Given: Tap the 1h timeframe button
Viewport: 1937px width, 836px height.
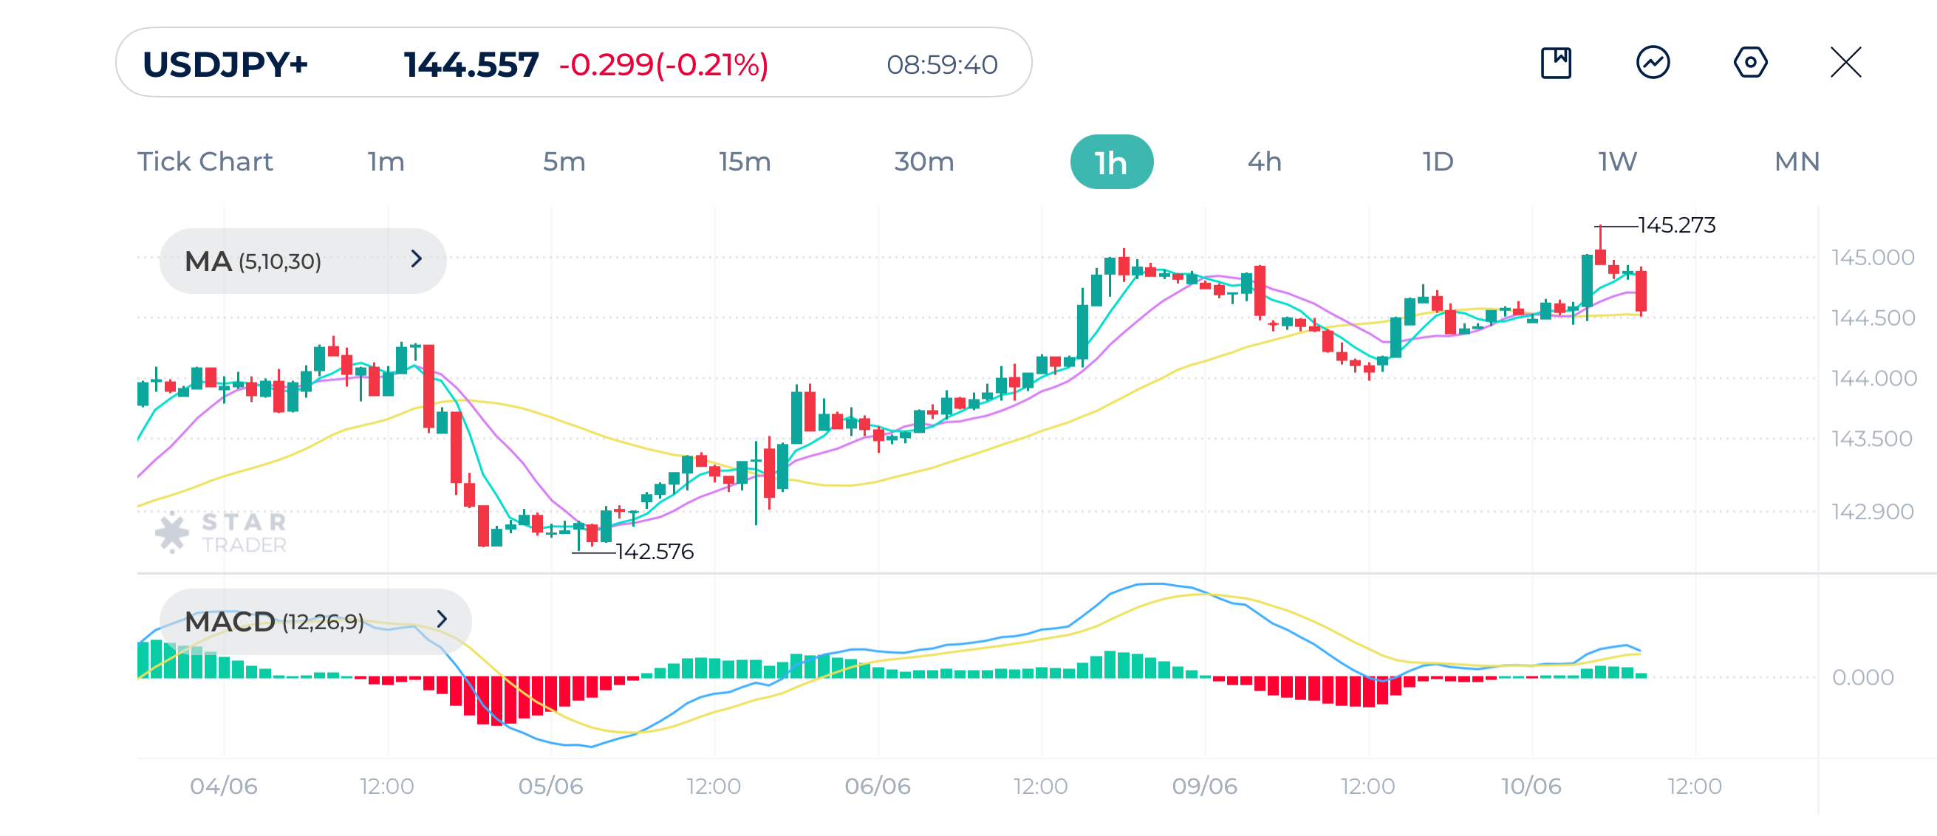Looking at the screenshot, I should pos(1110,162).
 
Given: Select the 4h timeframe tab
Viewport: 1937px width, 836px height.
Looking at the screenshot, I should pos(1264,162).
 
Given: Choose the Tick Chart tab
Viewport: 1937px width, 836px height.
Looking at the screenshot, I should pos(205,162).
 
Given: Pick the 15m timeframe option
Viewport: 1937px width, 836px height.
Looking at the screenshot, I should pos(744,162).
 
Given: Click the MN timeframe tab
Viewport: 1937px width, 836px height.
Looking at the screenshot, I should pos(1797,162).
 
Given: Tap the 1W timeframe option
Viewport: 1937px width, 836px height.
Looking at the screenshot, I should pos(1617,162).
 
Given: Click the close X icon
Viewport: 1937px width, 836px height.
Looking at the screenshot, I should pos(1845,62).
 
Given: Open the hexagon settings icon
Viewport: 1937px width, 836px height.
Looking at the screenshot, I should pos(1750,62).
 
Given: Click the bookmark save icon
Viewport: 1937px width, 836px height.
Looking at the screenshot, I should pos(1556,62).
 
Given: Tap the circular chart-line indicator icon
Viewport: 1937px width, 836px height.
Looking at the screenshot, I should pos(1653,62).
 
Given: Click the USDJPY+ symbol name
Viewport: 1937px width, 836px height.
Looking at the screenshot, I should pos(225,65).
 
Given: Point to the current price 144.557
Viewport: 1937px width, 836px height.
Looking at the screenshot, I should pos(471,65).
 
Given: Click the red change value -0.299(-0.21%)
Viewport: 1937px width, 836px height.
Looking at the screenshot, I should pos(663,65).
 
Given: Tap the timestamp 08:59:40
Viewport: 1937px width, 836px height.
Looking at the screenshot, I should pos(941,66).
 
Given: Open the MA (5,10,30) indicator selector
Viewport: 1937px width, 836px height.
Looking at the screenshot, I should pos(302,261).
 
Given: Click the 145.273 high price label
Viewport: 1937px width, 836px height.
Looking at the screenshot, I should pos(1676,225).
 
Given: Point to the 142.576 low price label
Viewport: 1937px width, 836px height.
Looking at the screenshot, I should pos(655,552).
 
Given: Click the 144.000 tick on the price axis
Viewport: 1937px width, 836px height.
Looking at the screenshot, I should pos(1873,378).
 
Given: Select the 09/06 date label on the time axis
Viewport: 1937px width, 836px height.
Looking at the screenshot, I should pos(1204,787).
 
